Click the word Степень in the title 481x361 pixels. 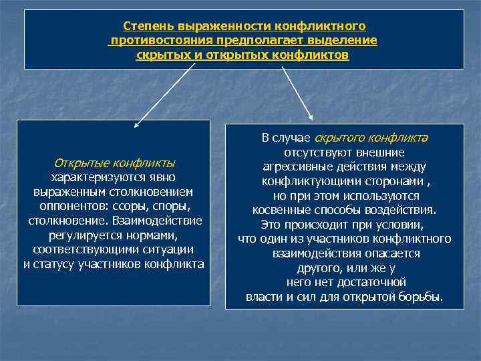click(x=148, y=26)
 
